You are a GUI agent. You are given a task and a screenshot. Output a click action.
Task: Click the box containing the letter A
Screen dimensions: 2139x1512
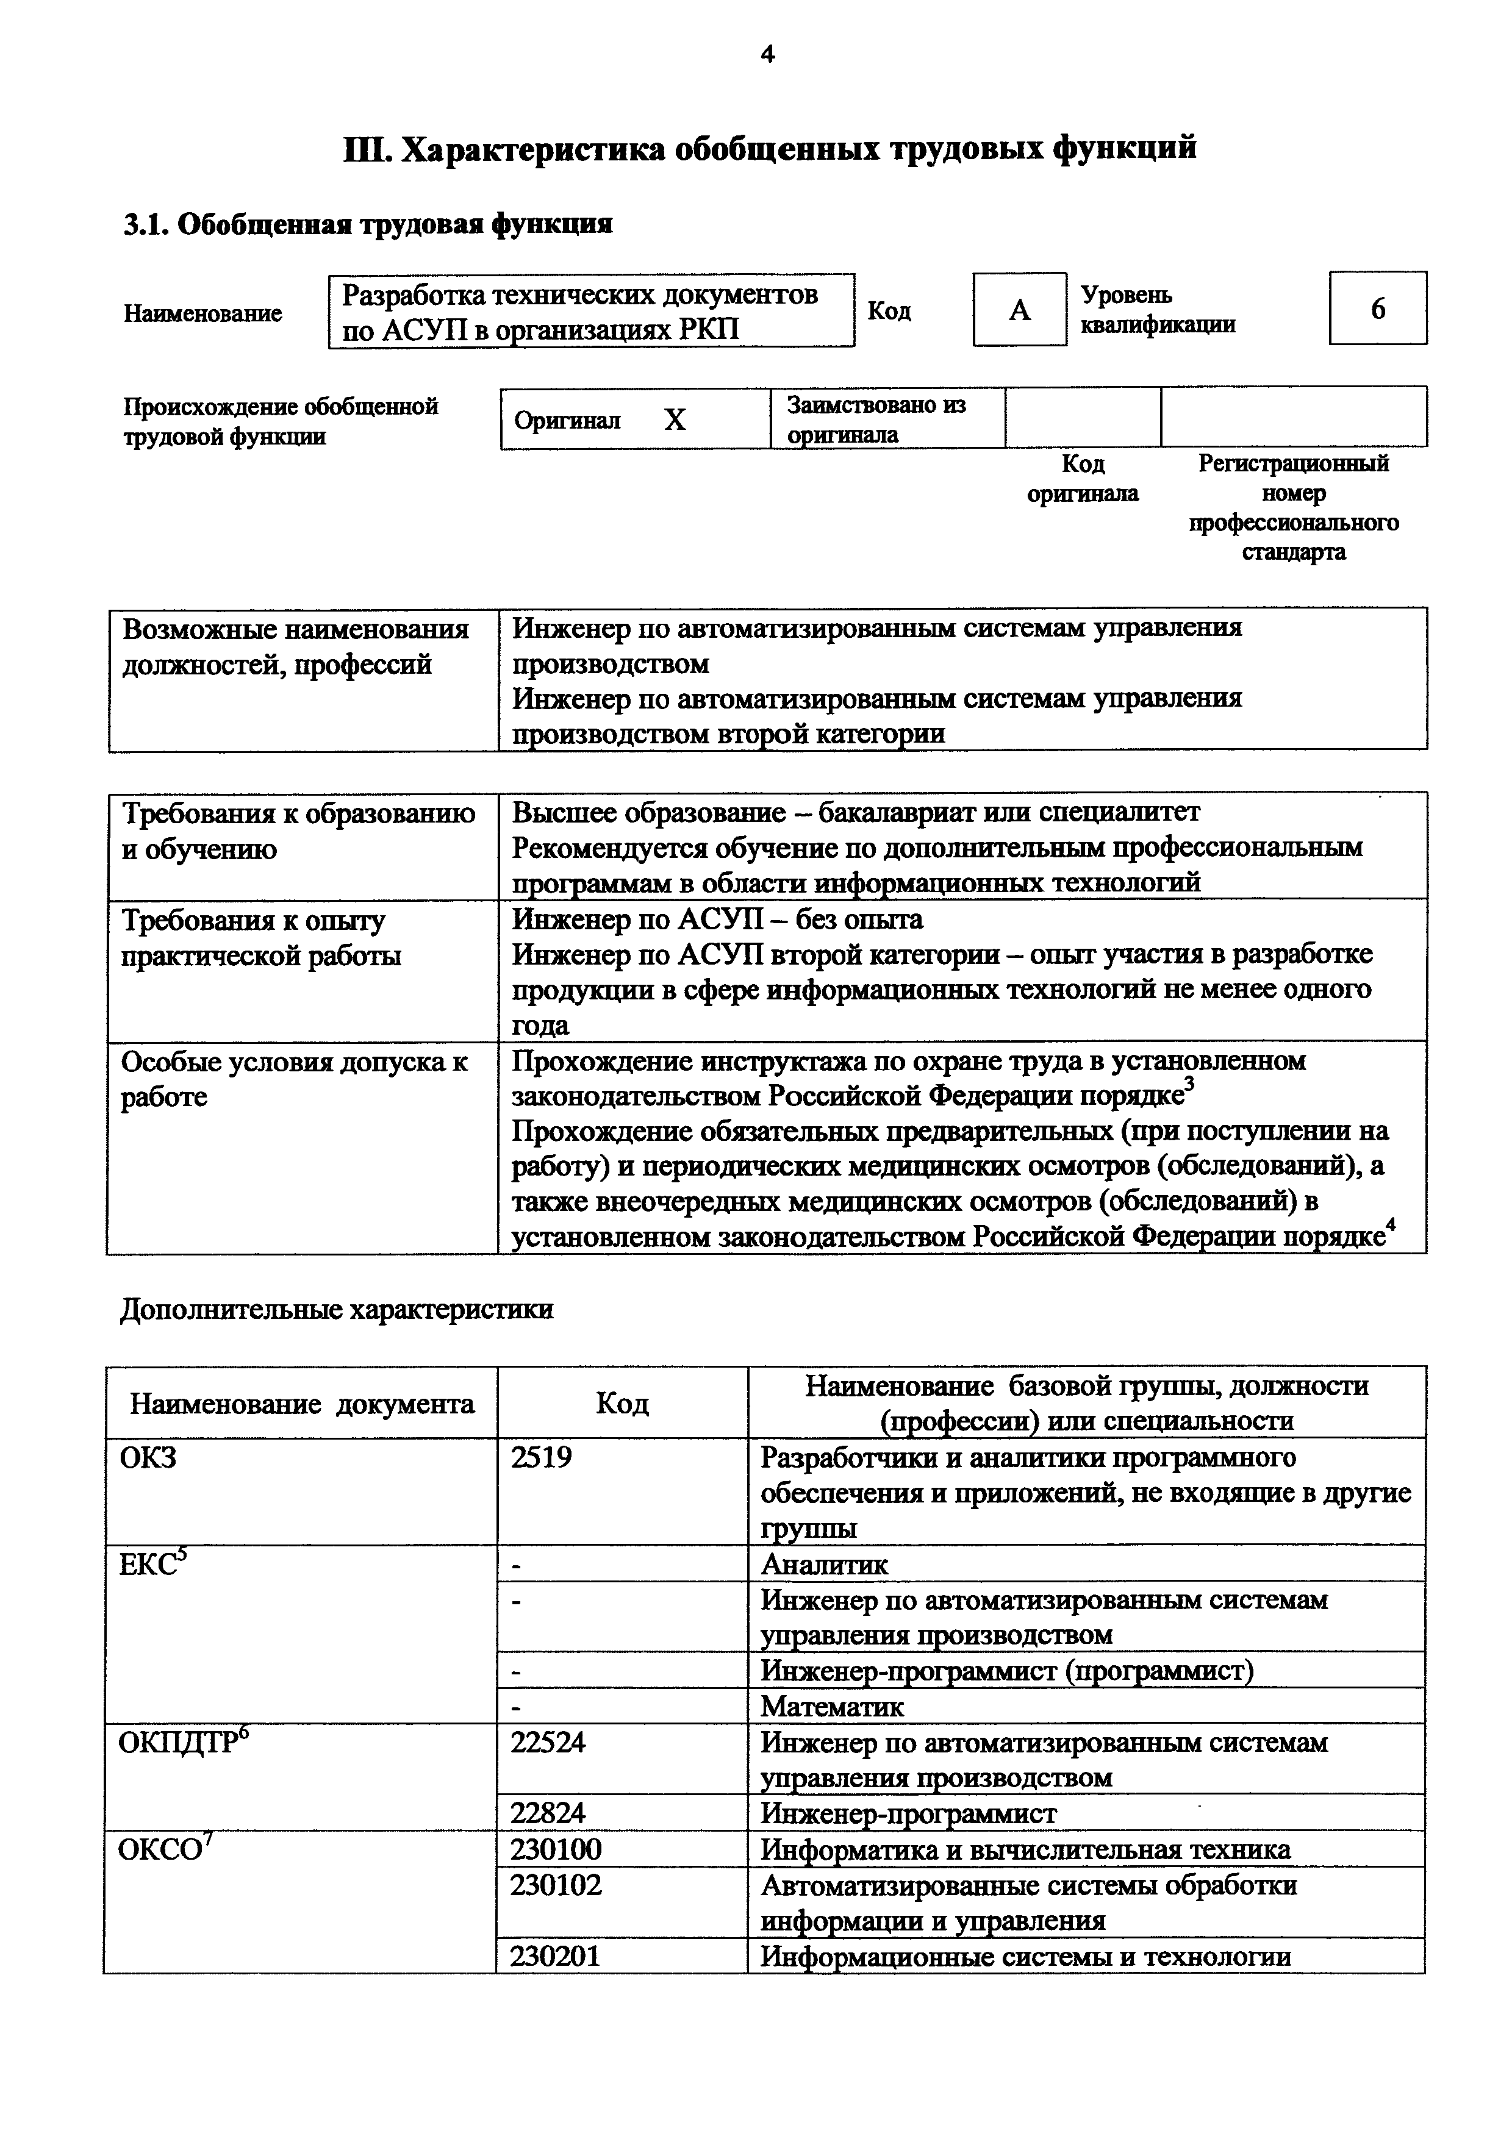(1019, 309)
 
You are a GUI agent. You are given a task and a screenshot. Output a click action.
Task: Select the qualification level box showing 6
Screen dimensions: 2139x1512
(1377, 309)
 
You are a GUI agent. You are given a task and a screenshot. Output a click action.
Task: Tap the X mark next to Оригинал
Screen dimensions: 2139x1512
(675, 420)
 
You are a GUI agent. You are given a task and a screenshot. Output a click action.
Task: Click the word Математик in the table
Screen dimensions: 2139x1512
(832, 1707)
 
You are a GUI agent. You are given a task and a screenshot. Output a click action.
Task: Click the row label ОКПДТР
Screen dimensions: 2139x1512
(182, 1742)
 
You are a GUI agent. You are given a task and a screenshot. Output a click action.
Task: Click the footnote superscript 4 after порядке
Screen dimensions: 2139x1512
(1391, 1225)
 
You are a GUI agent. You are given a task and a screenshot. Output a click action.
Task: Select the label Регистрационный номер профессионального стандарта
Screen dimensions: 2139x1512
(1293, 508)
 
